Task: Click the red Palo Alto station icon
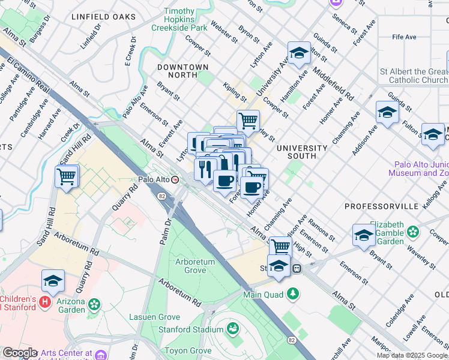pyautogui.click(x=175, y=179)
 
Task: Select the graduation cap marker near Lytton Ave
pyautogui.click(x=298, y=54)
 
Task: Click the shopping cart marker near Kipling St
pyautogui.click(x=247, y=121)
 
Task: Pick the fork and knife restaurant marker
pyautogui.click(x=205, y=169)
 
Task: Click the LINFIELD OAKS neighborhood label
pyautogui.click(x=103, y=16)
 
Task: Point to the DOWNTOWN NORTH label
pyautogui.click(x=182, y=71)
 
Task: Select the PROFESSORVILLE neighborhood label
pyautogui.click(x=381, y=206)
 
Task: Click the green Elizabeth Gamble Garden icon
pyautogui.click(x=413, y=231)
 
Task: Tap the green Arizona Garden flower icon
pyautogui.click(x=94, y=305)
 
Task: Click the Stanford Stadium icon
pyautogui.click(x=232, y=329)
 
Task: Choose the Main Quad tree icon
pyautogui.click(x=292, y=294)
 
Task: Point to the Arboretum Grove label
pyautogui.click(x=199, y=266)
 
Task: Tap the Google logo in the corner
pyautogui.click(x=19, y=352)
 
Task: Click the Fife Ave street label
pyautogui.click(x=404, y=37)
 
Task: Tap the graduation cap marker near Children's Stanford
pyautogui.click(x=53, y=282)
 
